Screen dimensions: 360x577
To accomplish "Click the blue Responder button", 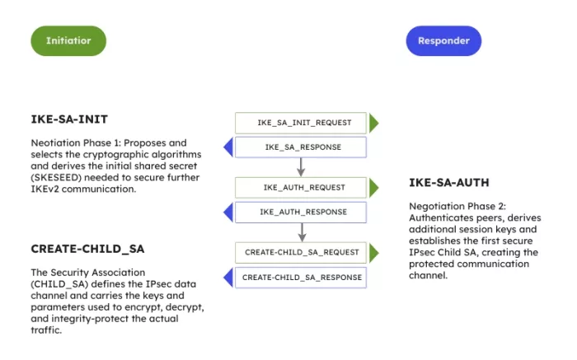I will tap(443, 40).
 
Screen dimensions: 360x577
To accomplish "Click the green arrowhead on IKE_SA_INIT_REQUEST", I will tap(373, 124).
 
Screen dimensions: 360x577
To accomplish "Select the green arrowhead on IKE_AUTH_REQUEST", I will tap(373, 188).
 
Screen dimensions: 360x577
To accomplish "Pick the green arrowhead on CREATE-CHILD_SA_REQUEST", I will tap(373, 252).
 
